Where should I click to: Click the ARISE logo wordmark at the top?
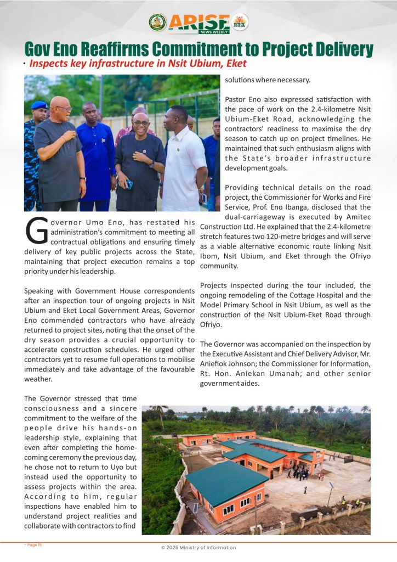[199, 22]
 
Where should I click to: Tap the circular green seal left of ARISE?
[157, 22]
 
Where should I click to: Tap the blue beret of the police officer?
[39, 105]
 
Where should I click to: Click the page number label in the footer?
[33, 544]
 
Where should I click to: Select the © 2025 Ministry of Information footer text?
[198, 547]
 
